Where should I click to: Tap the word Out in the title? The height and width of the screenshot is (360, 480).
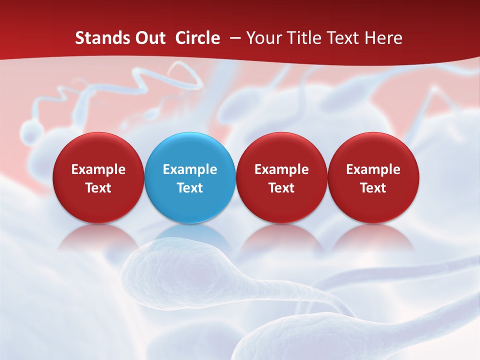tap(149, 38)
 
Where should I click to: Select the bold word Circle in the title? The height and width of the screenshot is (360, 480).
tap(197, 38)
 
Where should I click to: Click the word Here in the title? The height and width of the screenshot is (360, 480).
tap(384, 38)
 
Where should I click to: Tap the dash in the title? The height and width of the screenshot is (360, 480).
tap(233, 38)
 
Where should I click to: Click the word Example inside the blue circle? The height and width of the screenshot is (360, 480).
tap(190, 169)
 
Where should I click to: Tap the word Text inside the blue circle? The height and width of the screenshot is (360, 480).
tap(190, 188)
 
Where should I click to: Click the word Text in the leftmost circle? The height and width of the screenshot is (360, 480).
tap(98, 188)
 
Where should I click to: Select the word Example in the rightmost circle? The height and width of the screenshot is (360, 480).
tap(373, 169)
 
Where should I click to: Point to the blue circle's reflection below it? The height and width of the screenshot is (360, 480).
tap(190, 237)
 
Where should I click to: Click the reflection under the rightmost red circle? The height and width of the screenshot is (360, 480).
tap(373, 237)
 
